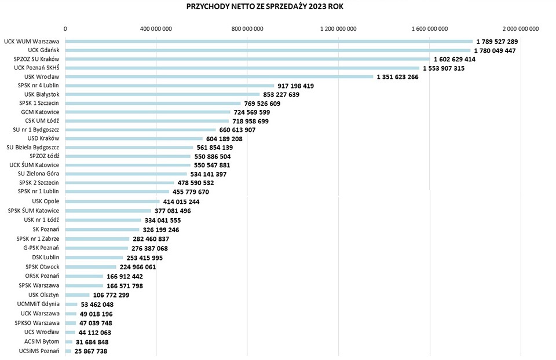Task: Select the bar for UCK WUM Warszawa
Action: coord(269,42)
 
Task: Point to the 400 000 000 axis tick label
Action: coord(156,29)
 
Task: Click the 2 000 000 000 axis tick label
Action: coord(520,29)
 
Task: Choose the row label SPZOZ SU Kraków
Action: coord(36,59)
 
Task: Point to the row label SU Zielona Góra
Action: coord(39,174)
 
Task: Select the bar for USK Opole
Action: coord(112,201)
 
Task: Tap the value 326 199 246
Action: coord(161,230)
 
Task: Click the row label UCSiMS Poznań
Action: coord(39,351)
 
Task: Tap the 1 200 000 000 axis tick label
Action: coord(338,29)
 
